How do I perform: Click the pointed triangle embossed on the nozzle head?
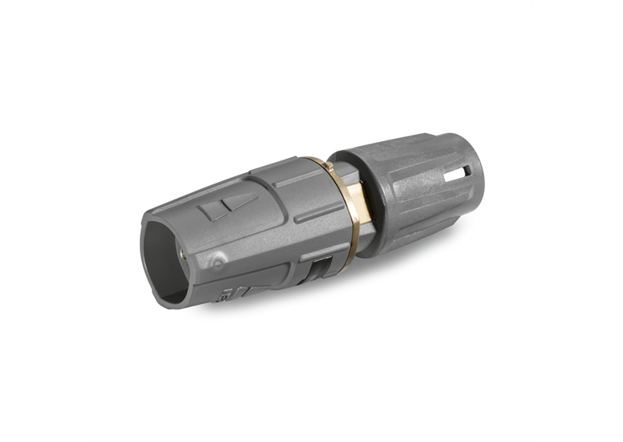(x=239, y=202)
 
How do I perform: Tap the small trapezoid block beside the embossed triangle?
(x=211, y=211)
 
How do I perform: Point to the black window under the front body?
(x=318, y=269)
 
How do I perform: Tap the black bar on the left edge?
(x=45, y=221)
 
